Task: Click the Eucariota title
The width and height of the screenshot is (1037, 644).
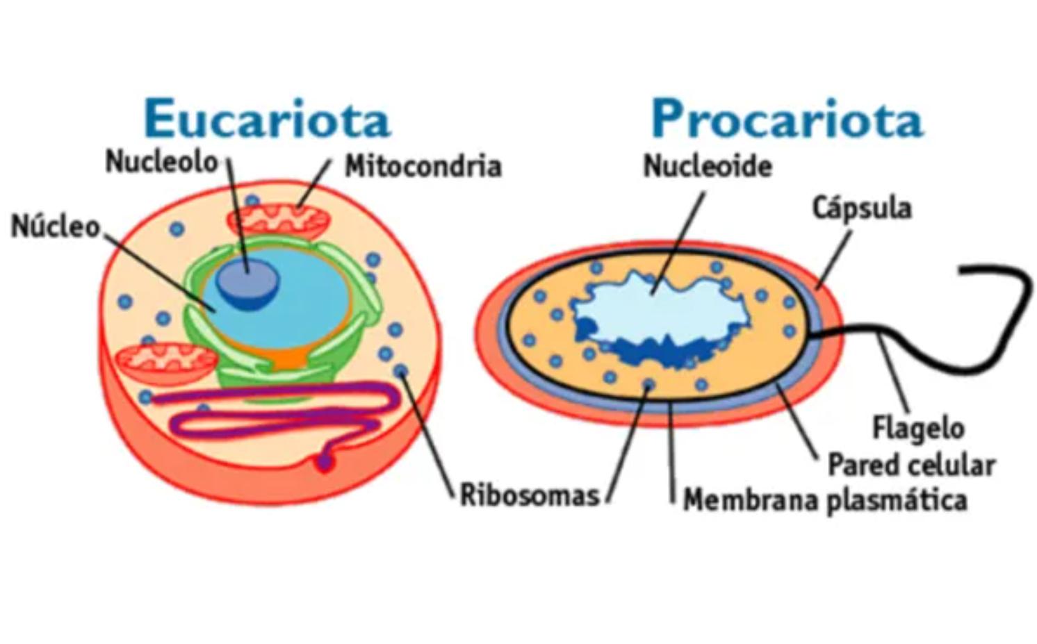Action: pos(268,119)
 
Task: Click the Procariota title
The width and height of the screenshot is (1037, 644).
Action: pos(787,119)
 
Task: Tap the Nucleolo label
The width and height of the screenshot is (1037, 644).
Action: pos(161,162)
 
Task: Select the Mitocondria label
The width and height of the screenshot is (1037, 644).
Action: pos(423,167)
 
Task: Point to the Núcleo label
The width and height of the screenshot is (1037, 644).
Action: pos(56,226)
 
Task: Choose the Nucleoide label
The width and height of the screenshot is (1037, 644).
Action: pos(708,166)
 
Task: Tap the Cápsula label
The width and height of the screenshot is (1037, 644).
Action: pos(862,208)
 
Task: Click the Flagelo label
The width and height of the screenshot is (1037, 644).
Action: pos(918,427)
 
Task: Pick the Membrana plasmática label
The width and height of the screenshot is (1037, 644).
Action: pos(825,499)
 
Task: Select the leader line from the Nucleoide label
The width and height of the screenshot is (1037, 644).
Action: pos(678,243)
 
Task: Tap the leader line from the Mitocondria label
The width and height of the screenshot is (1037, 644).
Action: pos(316,182)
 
